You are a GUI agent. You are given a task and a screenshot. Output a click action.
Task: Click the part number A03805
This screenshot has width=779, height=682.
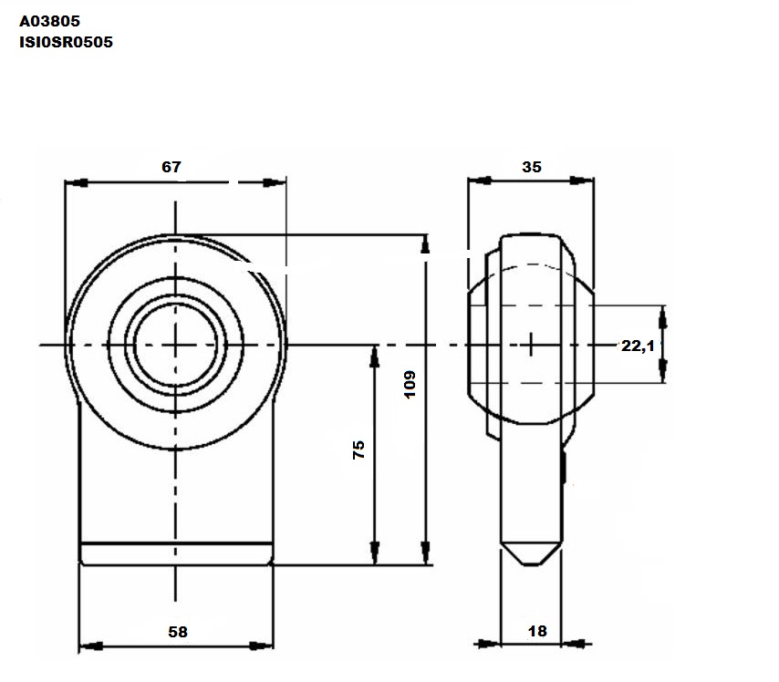pos(49,21)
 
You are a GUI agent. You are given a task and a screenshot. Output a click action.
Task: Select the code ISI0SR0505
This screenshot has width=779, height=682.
pos(66,42)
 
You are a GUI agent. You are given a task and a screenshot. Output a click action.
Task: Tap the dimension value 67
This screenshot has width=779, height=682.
pos(171,167)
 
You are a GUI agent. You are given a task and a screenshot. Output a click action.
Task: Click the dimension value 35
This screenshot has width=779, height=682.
pos(532,167)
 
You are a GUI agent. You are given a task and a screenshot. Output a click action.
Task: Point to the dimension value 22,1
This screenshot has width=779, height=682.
pos(639,346)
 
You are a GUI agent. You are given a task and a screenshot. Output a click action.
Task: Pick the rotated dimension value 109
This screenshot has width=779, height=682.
pos(410,384)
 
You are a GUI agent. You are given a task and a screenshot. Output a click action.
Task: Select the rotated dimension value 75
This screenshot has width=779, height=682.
pos(358,449)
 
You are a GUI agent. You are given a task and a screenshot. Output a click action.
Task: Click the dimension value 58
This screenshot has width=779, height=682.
pos(178,632)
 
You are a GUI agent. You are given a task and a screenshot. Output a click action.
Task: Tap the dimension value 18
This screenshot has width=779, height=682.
pos(537,631)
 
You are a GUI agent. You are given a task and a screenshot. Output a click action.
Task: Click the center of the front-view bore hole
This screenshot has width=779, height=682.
pos(175,345)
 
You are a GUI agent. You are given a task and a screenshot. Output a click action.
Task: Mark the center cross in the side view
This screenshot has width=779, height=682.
pos(531,345)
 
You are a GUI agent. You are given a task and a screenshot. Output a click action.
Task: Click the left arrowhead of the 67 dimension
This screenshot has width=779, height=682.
pos(77,182)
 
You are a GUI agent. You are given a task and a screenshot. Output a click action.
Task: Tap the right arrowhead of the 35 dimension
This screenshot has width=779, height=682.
pos(582,180)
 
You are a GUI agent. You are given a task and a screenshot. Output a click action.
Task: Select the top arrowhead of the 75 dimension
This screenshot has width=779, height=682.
pos(375,356)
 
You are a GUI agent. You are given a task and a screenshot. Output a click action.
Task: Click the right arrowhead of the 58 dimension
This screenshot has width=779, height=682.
pos(261,646)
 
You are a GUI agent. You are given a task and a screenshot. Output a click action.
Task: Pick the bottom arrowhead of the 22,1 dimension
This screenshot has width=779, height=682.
pos(662,371)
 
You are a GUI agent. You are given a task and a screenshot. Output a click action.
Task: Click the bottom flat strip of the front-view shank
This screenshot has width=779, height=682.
pos(176,553)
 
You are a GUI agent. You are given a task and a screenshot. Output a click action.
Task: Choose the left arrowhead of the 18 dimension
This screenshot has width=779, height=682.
pos(489,645)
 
